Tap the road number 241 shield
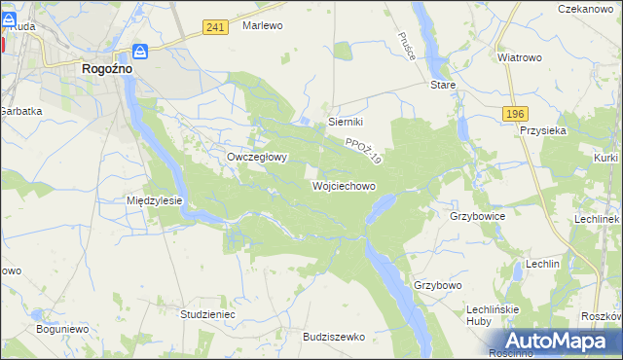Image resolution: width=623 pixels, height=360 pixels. pyautogui.click(x=216, y=27)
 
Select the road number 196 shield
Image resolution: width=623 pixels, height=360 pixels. pyautogui.click(x=516, y=114)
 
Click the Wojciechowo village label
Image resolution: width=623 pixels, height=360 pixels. pyautogui.click(x=344, y=184)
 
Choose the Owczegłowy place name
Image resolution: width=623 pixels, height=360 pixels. pyautogui.click(x=256, y=157)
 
